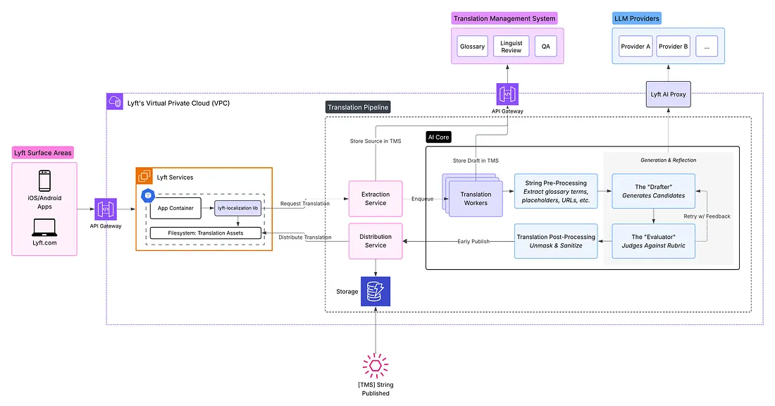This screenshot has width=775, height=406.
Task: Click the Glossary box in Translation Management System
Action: click(x=472, y=47)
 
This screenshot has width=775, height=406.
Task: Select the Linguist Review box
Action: click(x=511, y=47)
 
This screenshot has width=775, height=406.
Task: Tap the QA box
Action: click(x=545, y=47)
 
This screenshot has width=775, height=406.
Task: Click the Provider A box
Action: click(x=635, y=47)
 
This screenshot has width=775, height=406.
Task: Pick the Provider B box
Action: click(x=673, y=47)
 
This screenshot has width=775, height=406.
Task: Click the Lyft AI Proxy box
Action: click(x=669, y=94)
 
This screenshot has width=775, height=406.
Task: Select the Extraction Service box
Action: click(x=376, y=198)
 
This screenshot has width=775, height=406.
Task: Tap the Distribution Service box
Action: click(x=376, y=240)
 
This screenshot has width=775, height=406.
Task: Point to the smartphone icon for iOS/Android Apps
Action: click(x=44, y=180)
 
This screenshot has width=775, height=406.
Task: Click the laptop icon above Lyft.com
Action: click(x=44, y=227)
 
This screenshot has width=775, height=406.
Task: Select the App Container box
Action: click(x=177, y=209)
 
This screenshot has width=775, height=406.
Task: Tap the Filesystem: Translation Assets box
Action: click(x=206, y=233)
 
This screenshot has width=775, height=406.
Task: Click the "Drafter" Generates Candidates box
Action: click(x=653, y=191)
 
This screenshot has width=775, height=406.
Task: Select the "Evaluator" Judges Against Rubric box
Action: click(x=653, y=240)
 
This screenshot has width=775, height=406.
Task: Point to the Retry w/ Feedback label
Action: click(x=707, y=216)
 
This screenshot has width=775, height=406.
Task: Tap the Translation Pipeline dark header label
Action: click(x=358, y=107)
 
